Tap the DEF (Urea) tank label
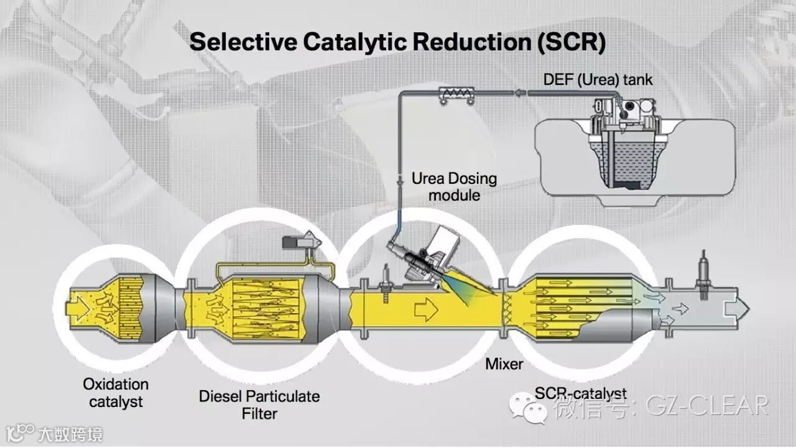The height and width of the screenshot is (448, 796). click(x=598, y=80)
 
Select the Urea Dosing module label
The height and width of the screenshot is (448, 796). click(x=454, y=186)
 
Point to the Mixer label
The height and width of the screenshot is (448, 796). click(x=504, y=363)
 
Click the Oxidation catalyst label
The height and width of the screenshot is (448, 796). click(x=116, y=393)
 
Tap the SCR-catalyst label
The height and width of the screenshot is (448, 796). click(x=580, y=393)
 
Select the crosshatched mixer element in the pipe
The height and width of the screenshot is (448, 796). click(x=504, y=307)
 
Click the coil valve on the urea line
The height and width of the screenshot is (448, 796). click(x=457, y=93)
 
